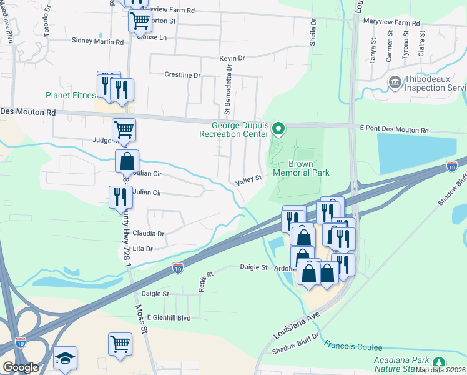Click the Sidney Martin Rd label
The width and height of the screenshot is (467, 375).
(x=98, y=42)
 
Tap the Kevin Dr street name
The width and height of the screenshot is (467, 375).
(x=232, y=58)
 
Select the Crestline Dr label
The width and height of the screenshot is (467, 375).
(x=182, y=75)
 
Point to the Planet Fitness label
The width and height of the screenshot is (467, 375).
(x=71, y=96)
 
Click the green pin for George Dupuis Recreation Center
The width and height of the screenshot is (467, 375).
(x=279, y=129)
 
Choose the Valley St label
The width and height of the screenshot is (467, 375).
(x=248, y=181)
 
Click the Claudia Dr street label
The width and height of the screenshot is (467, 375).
(x=148, y=234)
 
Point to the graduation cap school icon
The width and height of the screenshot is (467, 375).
(x=65, y=357)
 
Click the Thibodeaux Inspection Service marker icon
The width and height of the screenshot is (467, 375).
(x=395, y=82)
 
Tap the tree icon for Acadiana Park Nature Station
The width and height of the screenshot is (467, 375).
(x=439, y=362)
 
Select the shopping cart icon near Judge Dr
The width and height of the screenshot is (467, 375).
(x=124, y=129)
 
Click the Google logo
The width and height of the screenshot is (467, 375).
(x=20, y=368)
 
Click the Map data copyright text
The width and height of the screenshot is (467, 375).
(x=440, y=370)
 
